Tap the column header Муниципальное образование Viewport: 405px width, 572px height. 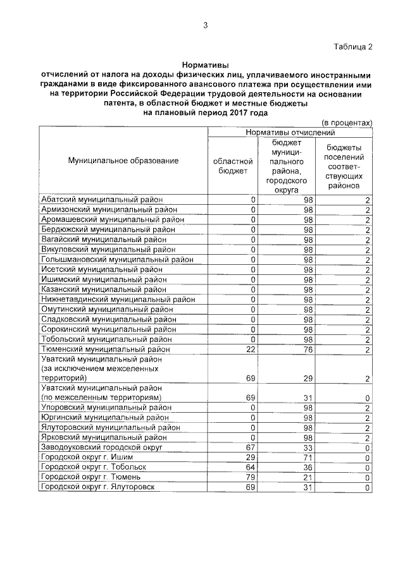(123, 161)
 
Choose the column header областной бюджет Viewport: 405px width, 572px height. (234, 166)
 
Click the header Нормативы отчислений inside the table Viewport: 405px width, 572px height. (290, 133)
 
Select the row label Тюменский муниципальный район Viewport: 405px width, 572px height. (105, 348)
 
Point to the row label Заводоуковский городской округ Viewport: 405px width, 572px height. (102, 447)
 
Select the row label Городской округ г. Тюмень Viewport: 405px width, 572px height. (95, 477)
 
